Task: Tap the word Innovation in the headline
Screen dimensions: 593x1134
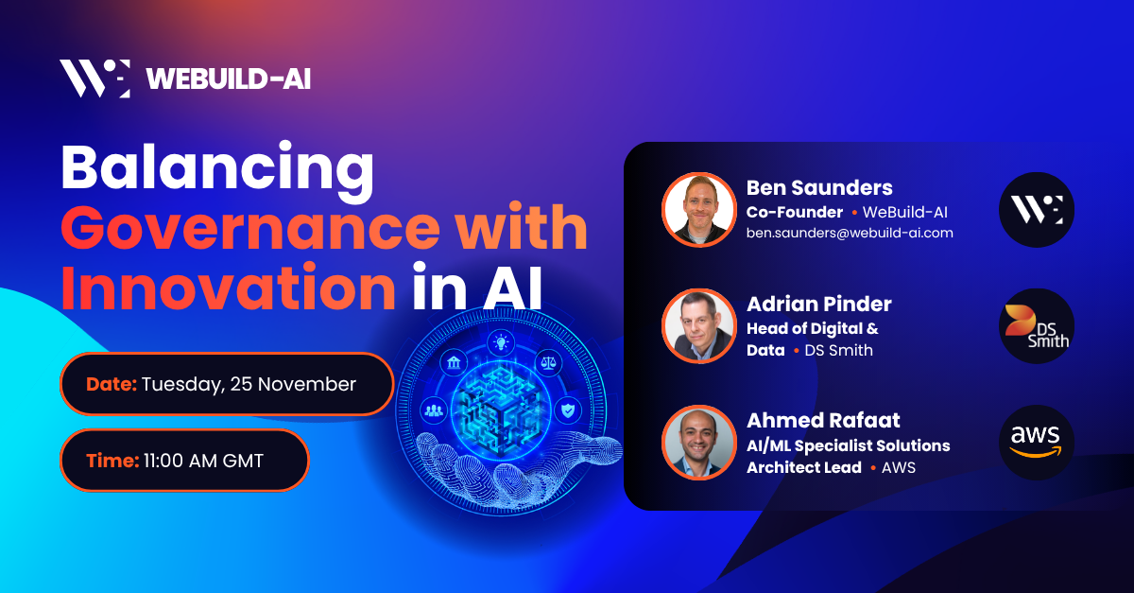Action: [x=228, y=288]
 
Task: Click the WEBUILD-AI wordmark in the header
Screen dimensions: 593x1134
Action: [x=228, y=78]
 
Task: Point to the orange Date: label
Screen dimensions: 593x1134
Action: [x=112, y=384]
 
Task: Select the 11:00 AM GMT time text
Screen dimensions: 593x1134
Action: [x=203, y=461]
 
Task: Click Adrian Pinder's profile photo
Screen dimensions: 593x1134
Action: [x=698, y=326]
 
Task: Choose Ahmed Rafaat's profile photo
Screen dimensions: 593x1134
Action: [x=698, y=442]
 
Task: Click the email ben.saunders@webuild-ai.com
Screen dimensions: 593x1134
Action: [x=850, y=232]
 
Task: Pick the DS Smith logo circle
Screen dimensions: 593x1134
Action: [x=1037, y=326]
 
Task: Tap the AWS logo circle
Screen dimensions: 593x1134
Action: [x=1037, y=442]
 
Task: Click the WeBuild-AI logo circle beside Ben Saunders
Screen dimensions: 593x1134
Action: [x=1037, y=209]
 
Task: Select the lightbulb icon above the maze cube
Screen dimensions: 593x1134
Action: [x=499, y=342]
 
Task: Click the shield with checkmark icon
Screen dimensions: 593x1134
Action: [x=566, y=410]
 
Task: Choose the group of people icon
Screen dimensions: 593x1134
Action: [x=434, y=410]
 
